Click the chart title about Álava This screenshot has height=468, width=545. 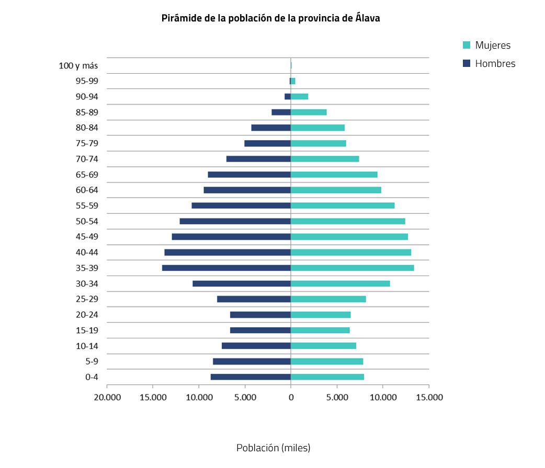[270, 18]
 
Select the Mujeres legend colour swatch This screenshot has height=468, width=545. [467, 45]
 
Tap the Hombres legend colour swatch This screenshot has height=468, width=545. [467, 64]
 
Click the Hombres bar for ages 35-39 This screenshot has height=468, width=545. [226, 268]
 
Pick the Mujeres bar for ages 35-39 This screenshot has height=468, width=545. [352, 268]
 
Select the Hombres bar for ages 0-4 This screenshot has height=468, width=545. [251, 377]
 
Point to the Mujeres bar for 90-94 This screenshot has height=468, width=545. [299, 97]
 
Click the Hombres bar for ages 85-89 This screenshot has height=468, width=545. [281, 112]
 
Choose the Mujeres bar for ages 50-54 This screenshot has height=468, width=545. [348, 221]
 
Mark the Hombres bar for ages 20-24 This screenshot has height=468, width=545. [260, 315]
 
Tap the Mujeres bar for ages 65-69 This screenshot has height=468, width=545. [334, 175]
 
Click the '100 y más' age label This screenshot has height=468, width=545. [78, 66]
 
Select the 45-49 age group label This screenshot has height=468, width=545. [87, 237]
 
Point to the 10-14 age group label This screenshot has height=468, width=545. [87, 346]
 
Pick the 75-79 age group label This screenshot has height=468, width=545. [87, 144]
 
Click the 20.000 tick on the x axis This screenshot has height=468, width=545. [107, 397]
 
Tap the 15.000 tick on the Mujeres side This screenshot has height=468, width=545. [429, 397]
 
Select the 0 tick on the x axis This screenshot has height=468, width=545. [291, 397]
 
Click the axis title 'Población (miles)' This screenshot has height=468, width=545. [273, 448]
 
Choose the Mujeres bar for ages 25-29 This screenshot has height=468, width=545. [328, 299]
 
